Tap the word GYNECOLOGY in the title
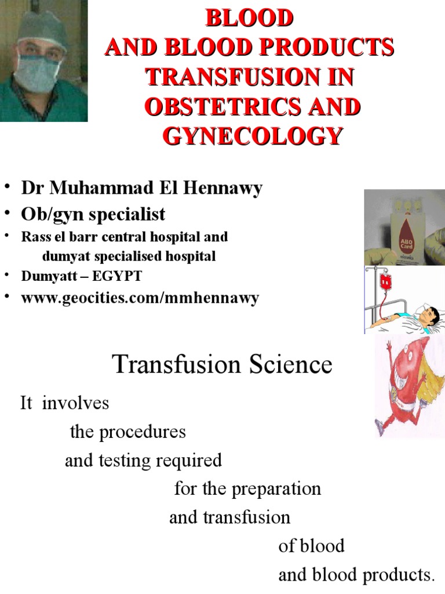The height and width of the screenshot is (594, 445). (250, 137)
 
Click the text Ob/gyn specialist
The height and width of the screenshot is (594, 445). (93, 214)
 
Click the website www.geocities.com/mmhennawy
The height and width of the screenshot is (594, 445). (140, 298)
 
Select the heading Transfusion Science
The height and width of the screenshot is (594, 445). (222, 365)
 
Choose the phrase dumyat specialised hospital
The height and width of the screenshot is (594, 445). (129, 256)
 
